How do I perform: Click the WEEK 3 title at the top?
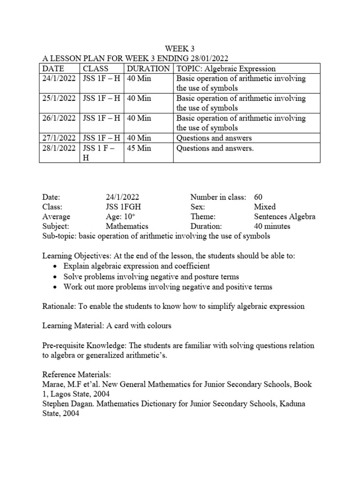pos(180,48)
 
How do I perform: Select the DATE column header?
pos(54,68)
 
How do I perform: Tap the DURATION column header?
pos(148,68)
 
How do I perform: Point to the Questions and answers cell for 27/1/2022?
pos(214,138)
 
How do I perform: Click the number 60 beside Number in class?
pos(258,197)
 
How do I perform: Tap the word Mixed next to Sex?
pos(264,207)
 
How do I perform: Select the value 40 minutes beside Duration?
pos(272,226)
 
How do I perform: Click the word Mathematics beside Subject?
pos(127,226)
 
